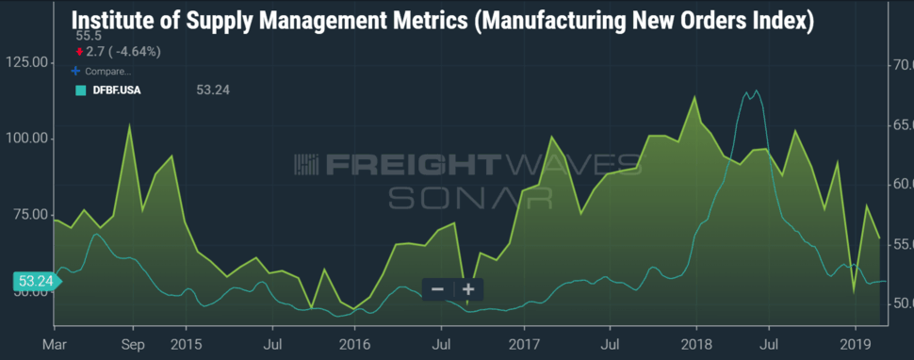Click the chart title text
(x=443, y=21)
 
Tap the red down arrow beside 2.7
(x=79, y=52)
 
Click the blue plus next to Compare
(x=74, y=71)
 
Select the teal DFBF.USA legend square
(x=80, y=90)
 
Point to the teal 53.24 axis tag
(x=36, y=282)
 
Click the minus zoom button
(x=438, y=289)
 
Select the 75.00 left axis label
(x=29, y=215)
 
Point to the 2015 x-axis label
(x=186, y=344)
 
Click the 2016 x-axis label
(x=354, y=344)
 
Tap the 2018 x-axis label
(x=695, y=344)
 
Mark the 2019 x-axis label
(x=856, y=344)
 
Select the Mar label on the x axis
(x=55, y=344)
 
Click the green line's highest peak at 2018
(x=694, y=96)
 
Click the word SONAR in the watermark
(x=470, y=198)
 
